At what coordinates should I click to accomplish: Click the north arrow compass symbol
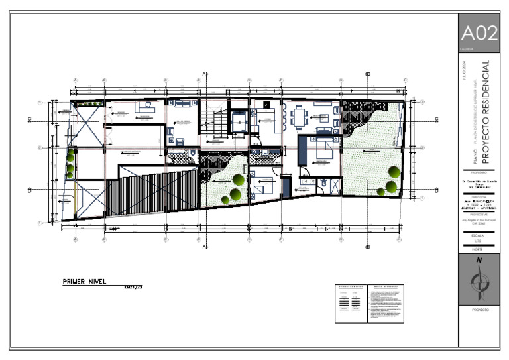[479, 279]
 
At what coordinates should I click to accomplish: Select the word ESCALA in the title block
[479, 235]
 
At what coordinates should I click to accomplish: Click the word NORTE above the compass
[479, 249]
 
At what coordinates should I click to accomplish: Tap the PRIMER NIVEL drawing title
[84, 281]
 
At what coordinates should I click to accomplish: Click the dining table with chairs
[299, 117]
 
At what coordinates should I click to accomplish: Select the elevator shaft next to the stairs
[238, 121]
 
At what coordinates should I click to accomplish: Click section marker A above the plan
[205, 73]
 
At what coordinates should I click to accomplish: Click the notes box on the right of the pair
[385, 304]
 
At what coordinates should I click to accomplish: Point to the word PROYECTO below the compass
[479, 310]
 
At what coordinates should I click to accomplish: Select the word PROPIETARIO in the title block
[479, 172]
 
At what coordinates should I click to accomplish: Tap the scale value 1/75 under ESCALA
[479, 241]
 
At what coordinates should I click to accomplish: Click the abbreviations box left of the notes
[350, 304]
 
